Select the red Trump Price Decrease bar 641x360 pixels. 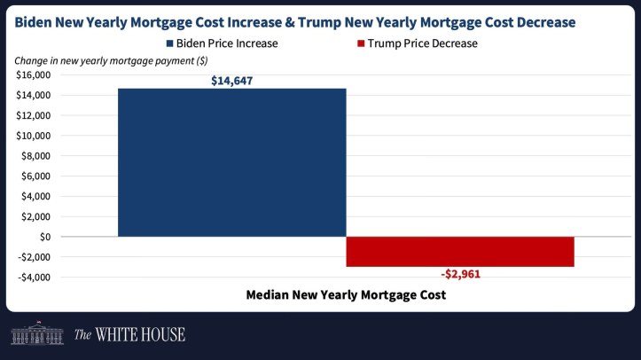[459, 252]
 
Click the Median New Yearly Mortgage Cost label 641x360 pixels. [345, 294]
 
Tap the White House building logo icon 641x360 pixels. [36, 333]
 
